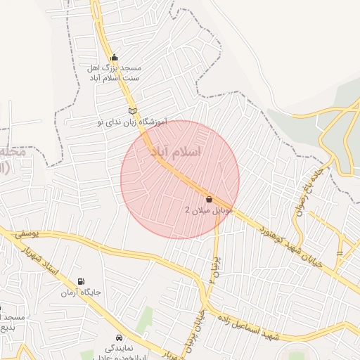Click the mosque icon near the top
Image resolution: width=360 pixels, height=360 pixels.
[x=115, y=58]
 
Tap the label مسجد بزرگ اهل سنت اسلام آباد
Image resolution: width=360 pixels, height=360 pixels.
[x=114, y=73]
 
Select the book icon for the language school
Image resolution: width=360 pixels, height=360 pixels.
[x=132, y=111]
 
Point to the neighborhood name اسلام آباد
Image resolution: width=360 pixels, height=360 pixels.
[x=176, y=152]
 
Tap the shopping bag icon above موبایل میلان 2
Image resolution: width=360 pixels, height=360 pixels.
[x=209, y=199]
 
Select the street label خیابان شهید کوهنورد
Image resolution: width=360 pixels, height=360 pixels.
[x=291, y=246]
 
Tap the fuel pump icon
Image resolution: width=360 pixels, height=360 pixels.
[x=81, y=281]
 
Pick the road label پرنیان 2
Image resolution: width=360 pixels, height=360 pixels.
[x=213, y=271]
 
